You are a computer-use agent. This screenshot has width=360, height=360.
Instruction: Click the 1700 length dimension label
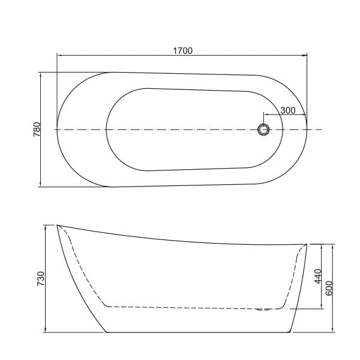coord(182,51)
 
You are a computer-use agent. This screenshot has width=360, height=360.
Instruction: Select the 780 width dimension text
coord(36,130)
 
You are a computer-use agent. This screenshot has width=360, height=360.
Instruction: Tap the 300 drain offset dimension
coord(288,110)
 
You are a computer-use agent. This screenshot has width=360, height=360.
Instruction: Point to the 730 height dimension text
coord(41,279)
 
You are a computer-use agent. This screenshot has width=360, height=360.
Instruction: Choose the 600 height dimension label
coord(329,288)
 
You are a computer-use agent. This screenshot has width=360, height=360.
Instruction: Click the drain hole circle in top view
coord(263,130)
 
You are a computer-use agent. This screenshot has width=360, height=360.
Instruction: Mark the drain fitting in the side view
coord(262,310)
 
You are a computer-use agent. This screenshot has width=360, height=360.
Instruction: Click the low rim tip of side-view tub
coord(307,244)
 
